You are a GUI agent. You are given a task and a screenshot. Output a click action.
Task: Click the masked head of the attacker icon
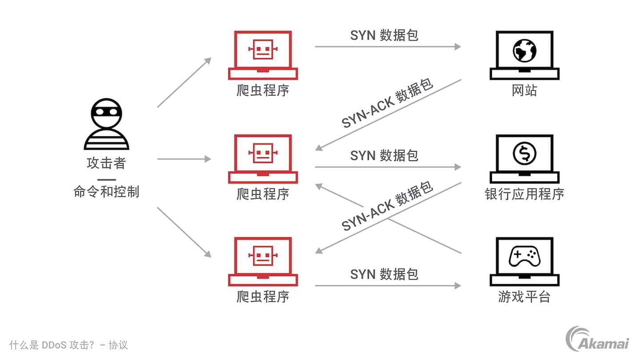click(x=106, y=114)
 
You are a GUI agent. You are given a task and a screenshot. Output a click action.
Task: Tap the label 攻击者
click(x=106, y=163)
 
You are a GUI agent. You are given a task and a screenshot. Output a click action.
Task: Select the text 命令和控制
click(x=106, y=192)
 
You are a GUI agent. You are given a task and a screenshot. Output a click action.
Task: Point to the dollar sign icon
click(x=524, y=153)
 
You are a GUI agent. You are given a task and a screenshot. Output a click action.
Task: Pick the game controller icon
click(x=524, y=257)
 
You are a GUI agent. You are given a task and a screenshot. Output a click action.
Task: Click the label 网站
click(x=524, y=91)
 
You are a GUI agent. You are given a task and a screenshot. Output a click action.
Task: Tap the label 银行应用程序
click(x=524, y=194)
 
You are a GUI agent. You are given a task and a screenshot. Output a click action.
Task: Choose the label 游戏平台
click(x=524, y=297)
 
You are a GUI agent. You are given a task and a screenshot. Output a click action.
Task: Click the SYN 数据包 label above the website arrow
click(x=384, y=36)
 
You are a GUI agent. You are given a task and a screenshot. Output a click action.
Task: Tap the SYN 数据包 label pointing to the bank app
click(x=384, y=156)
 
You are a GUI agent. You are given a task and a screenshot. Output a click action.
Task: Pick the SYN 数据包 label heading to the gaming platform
click(x=384, y=274)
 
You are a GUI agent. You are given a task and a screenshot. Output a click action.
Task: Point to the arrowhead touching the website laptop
click(x=458, y=46)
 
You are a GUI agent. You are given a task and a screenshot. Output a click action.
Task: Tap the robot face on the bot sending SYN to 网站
click(x=263, y=49)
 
